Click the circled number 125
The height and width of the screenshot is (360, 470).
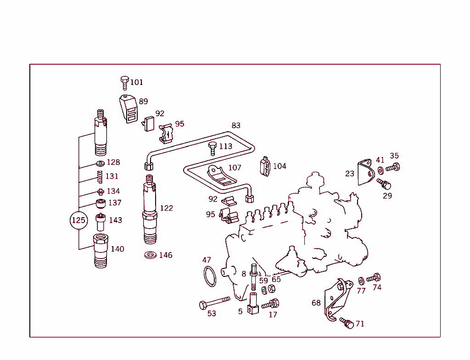tap(78, 220)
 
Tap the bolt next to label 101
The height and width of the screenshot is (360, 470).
tap(124, 83)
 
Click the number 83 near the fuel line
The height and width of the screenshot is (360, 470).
tap(236, 125)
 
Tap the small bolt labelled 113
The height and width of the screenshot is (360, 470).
tap(213, 148)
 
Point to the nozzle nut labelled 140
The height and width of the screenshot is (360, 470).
tap(100, 250)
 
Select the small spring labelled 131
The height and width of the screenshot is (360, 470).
tap(99, 176)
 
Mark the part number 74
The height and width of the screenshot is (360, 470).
tap(377, 288)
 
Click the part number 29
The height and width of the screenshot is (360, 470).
tap(387, 196)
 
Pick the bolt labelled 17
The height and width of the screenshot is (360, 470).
tap(271, 304)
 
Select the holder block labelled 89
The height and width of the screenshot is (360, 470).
tap(129, 109)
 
